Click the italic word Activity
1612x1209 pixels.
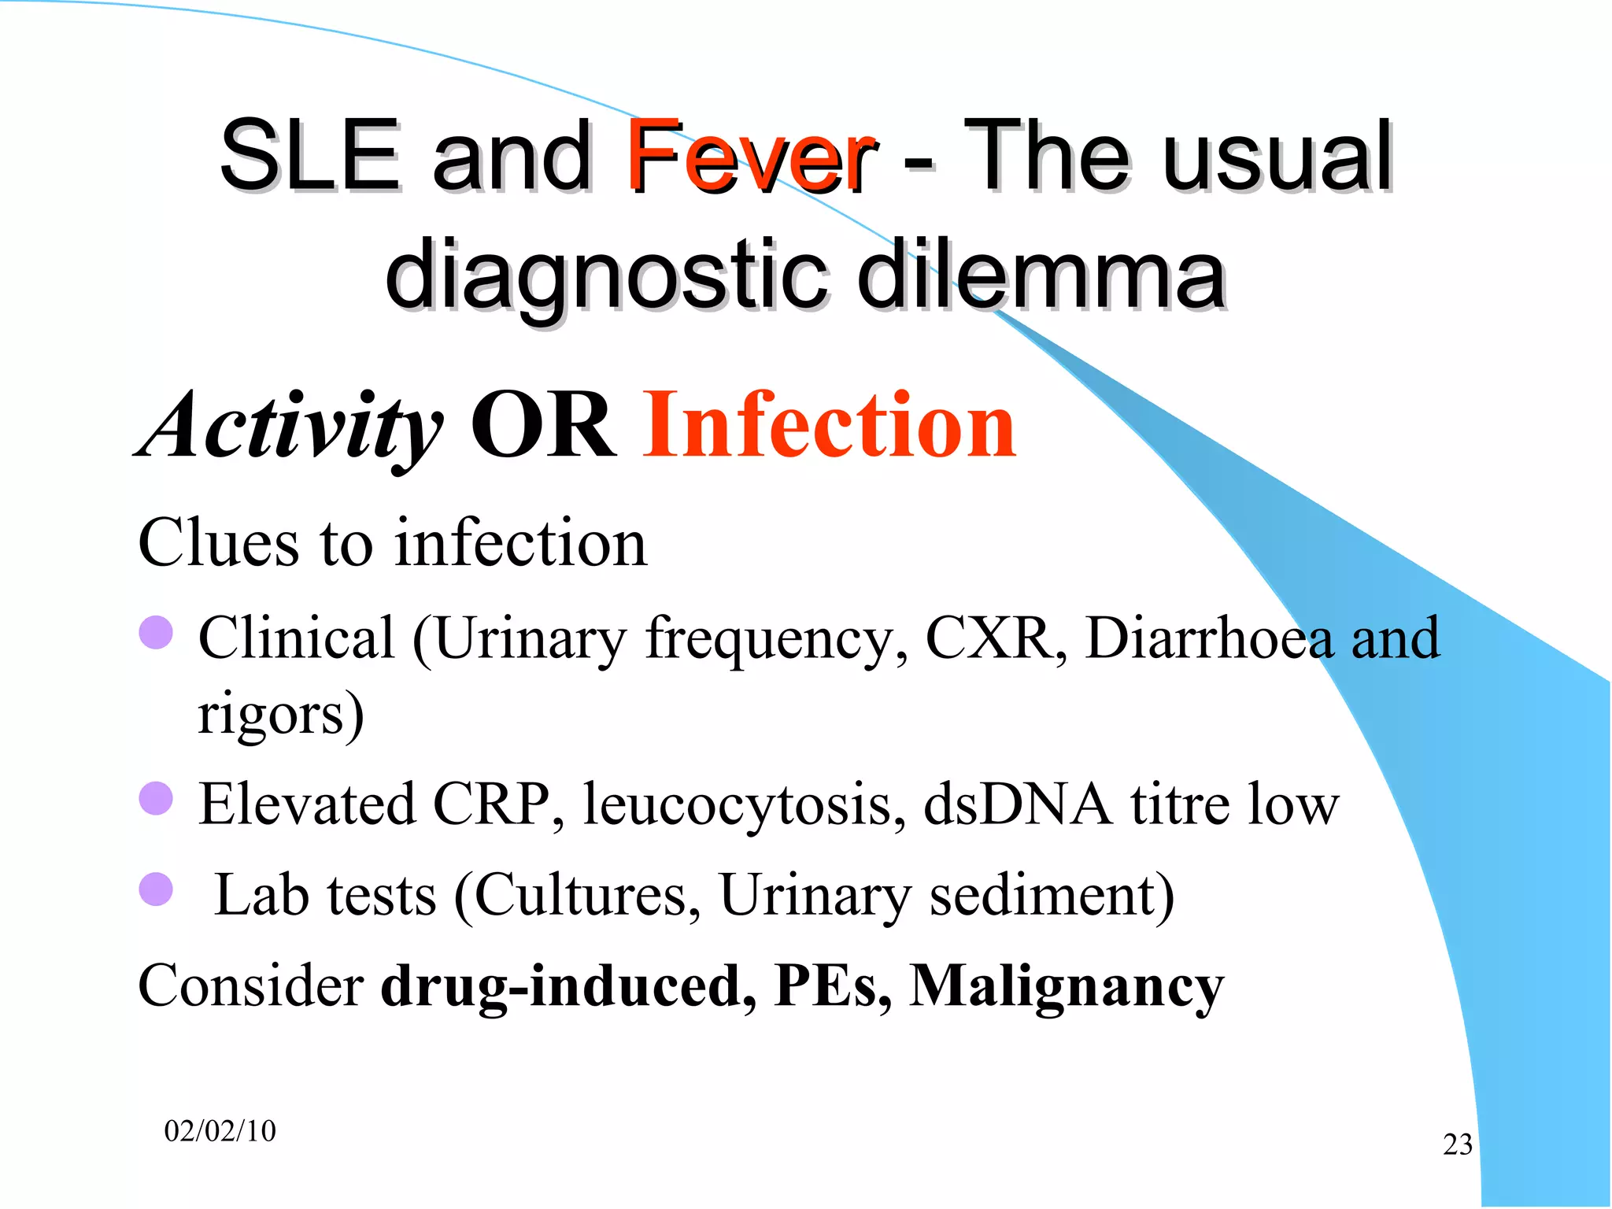291,426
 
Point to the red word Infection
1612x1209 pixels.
830,426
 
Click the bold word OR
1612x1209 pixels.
542,426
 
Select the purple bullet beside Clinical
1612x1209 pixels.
156,632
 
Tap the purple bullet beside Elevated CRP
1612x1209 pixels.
156,798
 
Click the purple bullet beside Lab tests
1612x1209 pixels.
156,889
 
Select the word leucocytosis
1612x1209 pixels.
743,805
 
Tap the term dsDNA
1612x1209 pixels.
1018,804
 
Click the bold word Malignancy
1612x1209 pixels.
1067,986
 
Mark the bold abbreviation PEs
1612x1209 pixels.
832,985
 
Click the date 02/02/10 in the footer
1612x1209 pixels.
220,1131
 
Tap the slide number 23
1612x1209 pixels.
1457,1144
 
